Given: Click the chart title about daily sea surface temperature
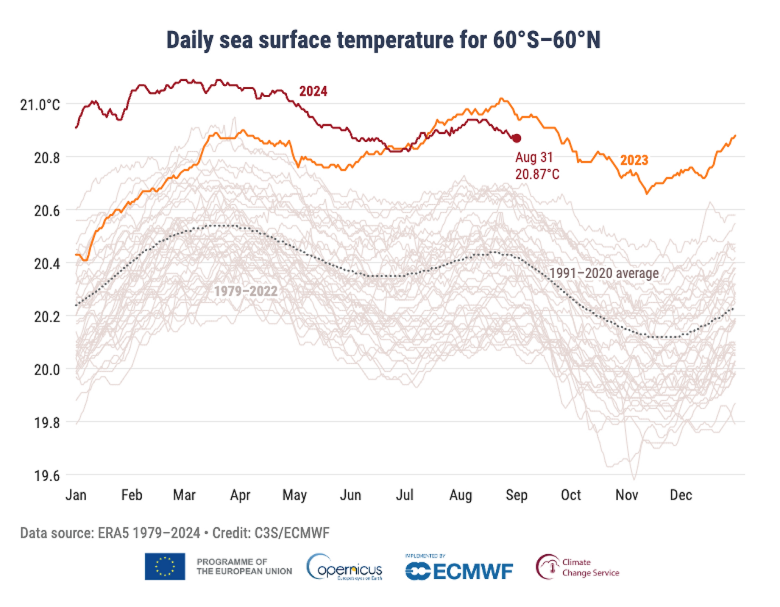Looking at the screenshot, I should (383, 40).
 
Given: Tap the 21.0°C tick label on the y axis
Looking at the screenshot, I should (40, 105).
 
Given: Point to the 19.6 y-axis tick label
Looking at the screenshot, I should (47, 475).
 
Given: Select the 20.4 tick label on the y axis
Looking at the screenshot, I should (47, 263).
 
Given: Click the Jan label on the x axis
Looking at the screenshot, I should (76, 495).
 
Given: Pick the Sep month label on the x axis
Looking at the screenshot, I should (516, 495).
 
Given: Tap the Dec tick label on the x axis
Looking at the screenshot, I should (681, 495).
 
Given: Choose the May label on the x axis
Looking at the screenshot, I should (294, 495).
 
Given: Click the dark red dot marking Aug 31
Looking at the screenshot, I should (517, 138).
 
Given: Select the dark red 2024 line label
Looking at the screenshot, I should (313, 91).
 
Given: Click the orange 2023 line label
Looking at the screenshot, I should (634, 160).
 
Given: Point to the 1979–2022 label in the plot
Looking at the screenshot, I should (246, 291).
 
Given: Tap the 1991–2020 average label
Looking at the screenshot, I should (604, 273).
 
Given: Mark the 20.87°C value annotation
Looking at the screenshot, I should (537, 174).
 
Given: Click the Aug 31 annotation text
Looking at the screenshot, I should (534, 157).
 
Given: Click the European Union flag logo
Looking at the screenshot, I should (165, 566).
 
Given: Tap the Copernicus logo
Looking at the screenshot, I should (345, 567).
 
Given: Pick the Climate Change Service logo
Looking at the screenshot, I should (578, 567).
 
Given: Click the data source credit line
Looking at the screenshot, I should (175, 533).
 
